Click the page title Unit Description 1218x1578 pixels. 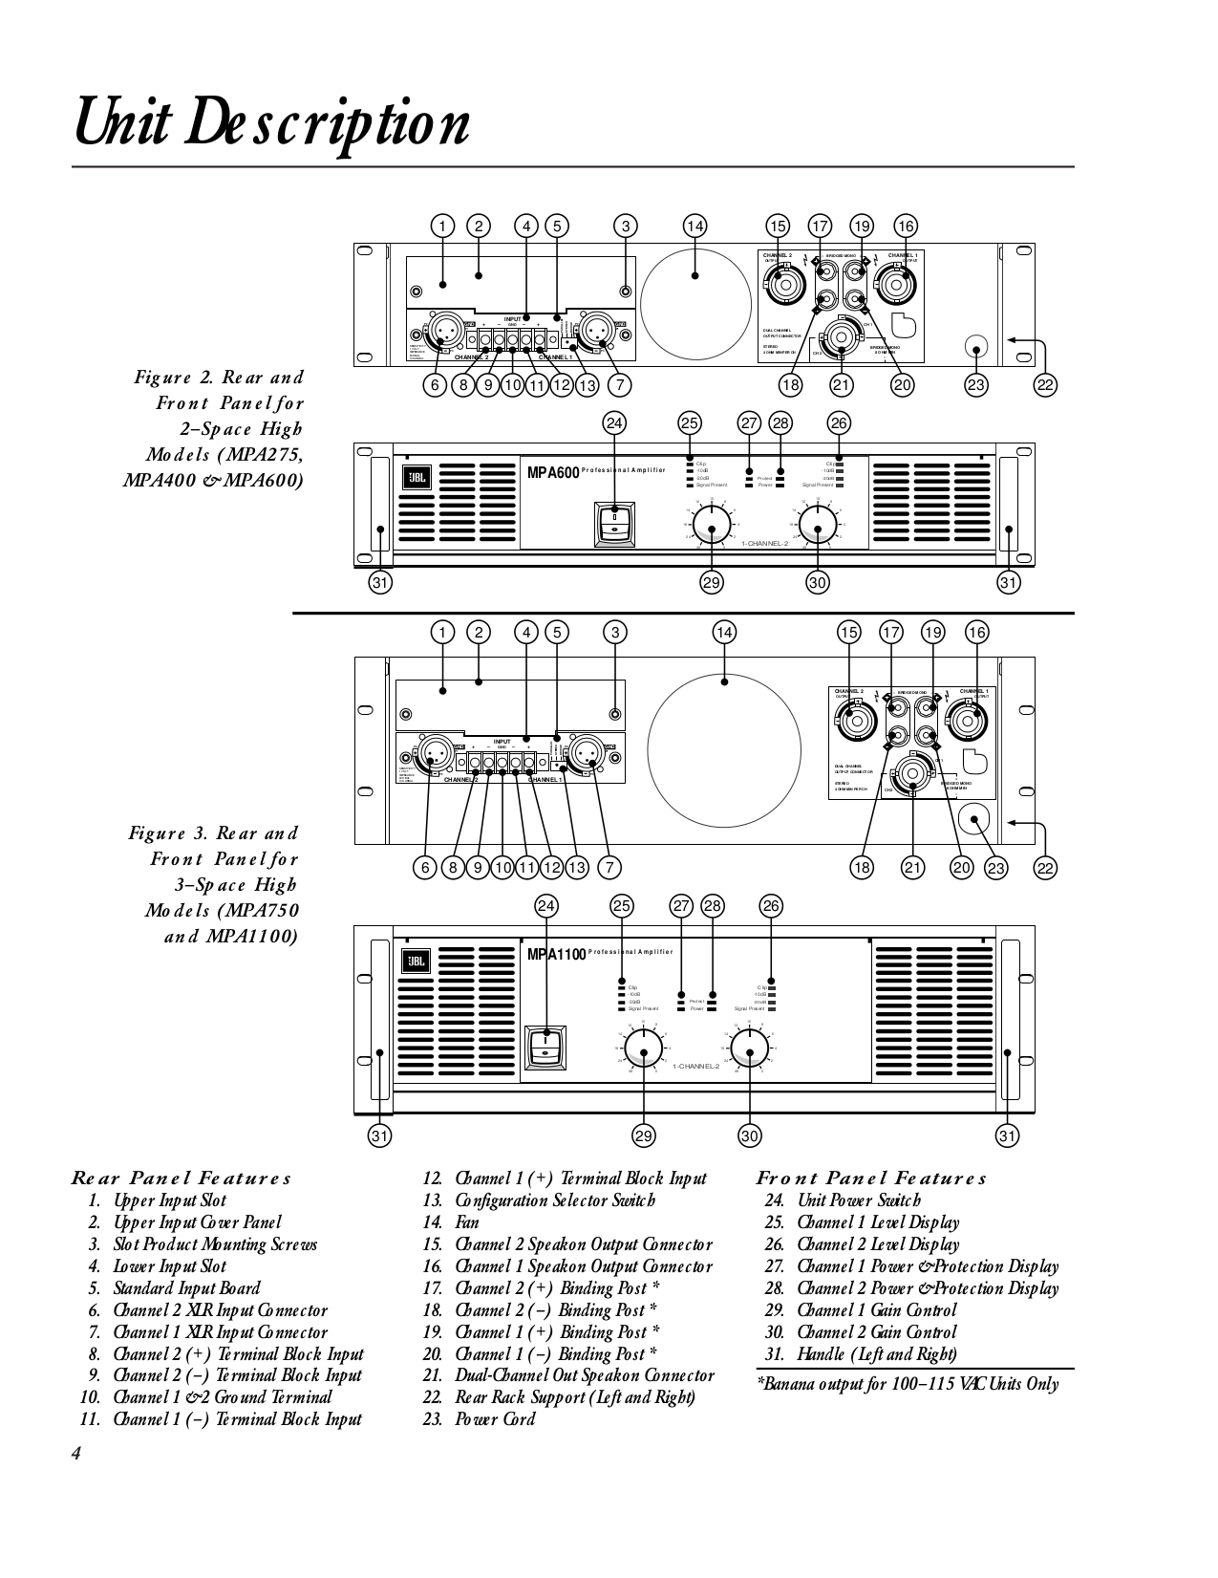(x=272, y=124)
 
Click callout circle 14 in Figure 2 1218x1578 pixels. (x=694, y=227)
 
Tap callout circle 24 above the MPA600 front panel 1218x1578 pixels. (x=614, y=423)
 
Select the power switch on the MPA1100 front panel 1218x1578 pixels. (x=545, y=1047)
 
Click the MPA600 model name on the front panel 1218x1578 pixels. (x=553, y=471)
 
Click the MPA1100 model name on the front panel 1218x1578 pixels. (x=557, y=954)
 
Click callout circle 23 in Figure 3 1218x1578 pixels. (x=996, y=868)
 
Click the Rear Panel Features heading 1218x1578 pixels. (x=181, y=1178)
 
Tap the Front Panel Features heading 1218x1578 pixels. (x=870, y=1178)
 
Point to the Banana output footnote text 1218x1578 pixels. (x=908, y=1384)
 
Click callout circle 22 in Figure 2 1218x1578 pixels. (x=1045, y=385)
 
